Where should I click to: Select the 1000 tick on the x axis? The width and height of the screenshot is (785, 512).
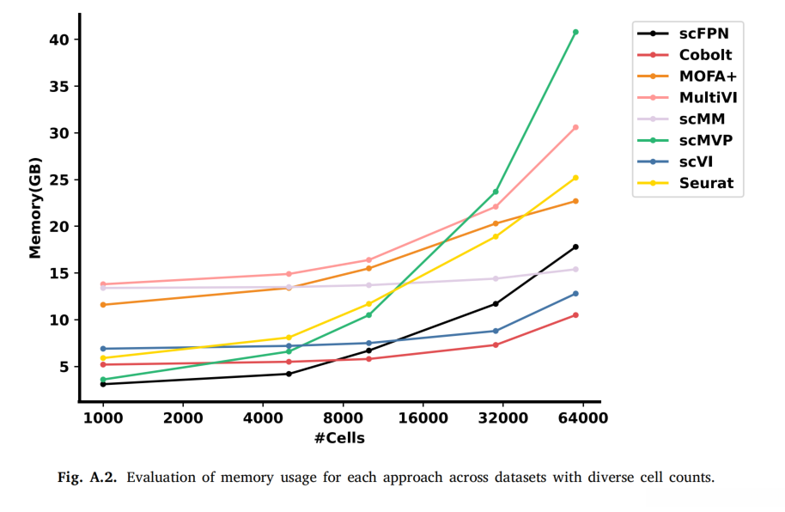[x=103, y=418]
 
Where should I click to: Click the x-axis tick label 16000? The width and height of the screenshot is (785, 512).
[x=423, y=418]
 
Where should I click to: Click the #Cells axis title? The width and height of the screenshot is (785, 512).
[x=339, y=438]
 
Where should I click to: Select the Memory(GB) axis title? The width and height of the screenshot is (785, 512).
[x=34, y=207]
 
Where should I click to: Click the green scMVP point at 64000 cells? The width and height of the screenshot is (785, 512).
[x=575, y=32]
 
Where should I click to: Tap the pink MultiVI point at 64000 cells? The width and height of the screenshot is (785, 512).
[x=575, y=127]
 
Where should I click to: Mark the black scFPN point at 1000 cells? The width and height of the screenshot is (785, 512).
[x=103, y=384]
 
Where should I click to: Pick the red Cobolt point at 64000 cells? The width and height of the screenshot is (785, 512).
[x=575, y=314]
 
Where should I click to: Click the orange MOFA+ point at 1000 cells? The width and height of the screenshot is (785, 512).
[x=103, y=305]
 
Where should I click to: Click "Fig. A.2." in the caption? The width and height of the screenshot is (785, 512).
[x=88, y=478]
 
